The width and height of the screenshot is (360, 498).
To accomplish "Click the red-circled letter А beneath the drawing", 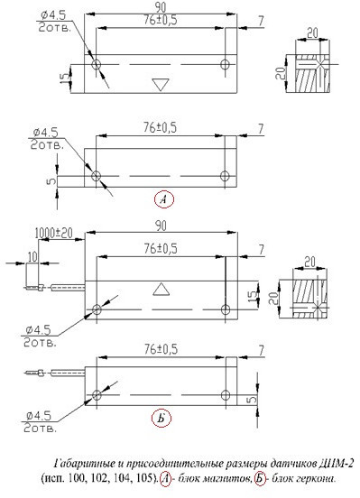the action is [164, 199].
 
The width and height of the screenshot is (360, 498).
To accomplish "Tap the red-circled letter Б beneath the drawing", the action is [162, 419].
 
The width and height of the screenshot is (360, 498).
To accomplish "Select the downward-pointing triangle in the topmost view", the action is [161, 84].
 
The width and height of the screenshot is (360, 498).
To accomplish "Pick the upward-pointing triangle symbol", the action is [162, 290].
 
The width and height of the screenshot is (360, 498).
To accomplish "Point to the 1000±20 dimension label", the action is [53, 233].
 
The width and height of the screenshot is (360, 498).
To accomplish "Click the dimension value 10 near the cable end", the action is [32, 257].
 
